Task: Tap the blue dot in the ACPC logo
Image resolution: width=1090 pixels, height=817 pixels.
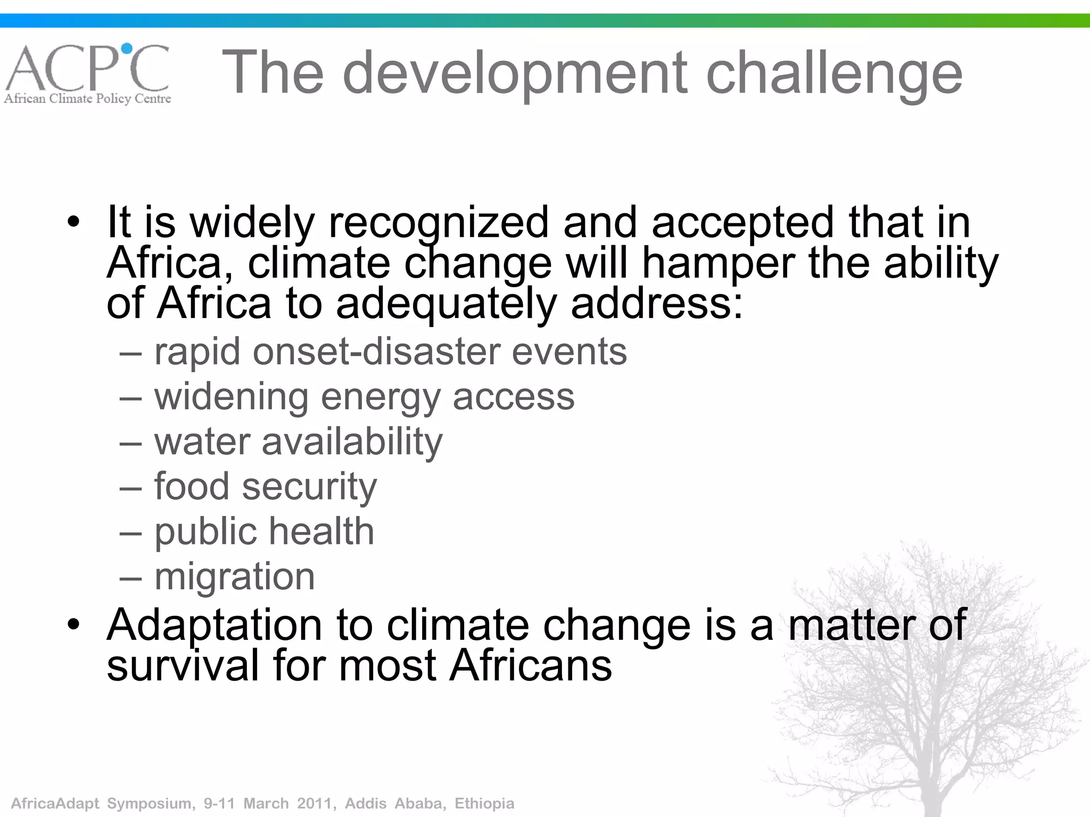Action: click(127, 49)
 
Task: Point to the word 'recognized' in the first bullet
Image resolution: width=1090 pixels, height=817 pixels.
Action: click(439, 223)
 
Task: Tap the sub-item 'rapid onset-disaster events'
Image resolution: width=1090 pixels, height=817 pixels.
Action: click(390, 352)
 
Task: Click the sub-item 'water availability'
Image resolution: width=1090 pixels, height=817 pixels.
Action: click(298, 441)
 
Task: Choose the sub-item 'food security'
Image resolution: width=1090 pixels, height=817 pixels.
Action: click(265, 487)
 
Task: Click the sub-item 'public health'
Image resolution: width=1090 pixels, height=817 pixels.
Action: click(264, 531)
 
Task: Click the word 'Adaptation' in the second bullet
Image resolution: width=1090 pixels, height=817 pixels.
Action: click(214, 626)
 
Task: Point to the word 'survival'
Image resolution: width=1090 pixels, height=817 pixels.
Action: click(183, 665)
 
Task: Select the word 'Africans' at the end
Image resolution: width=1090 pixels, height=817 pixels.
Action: click(531, 665)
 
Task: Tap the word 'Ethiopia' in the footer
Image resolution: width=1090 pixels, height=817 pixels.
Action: click(484, 803)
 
